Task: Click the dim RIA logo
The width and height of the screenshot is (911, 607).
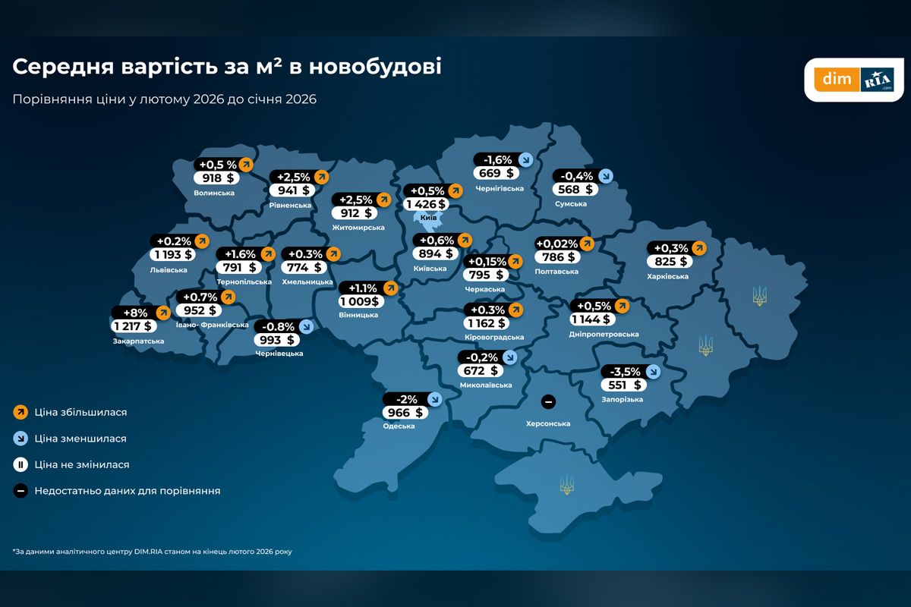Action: [x=854, y=79]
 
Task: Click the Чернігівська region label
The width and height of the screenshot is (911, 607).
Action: [x=499, y=188]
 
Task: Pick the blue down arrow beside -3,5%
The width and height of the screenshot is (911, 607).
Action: [x=652, y=372]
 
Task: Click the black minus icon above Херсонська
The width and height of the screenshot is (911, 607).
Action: [x=548, y=401]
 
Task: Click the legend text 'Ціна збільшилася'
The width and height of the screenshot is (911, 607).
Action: [x=80, y=413]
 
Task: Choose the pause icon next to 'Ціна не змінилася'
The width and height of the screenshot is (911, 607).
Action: [x=20, y=464]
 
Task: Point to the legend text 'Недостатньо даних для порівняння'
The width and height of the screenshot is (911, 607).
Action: [x=127, y=491]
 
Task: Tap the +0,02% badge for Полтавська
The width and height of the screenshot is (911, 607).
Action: [x=557, y=244]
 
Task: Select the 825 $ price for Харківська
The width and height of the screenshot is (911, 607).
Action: [x=669, y=262]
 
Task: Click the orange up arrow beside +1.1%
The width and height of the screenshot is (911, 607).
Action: [x=390, y=288]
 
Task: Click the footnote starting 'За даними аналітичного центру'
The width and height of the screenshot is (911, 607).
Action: [x=152, y=552]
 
